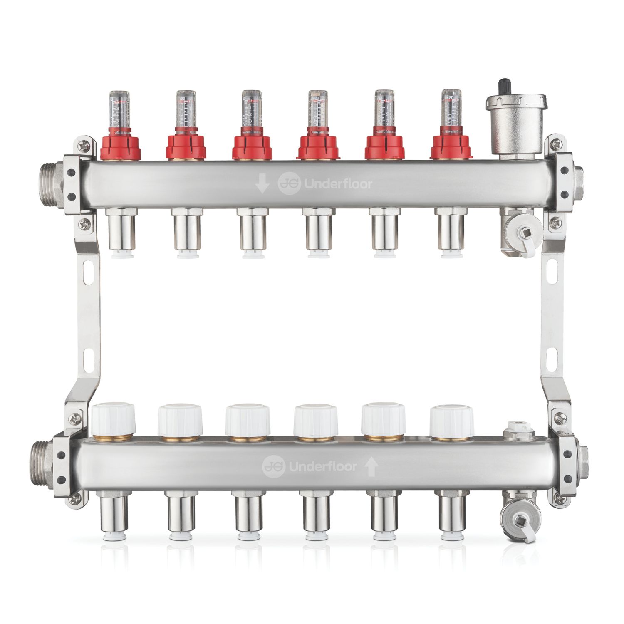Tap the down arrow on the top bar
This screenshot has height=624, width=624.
pyautogui.click(x=262, y=183)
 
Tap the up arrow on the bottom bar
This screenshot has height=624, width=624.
pyautogui.click(x=371, y=467)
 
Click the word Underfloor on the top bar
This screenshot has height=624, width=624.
pyautogui.click(x=338, y=184)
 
